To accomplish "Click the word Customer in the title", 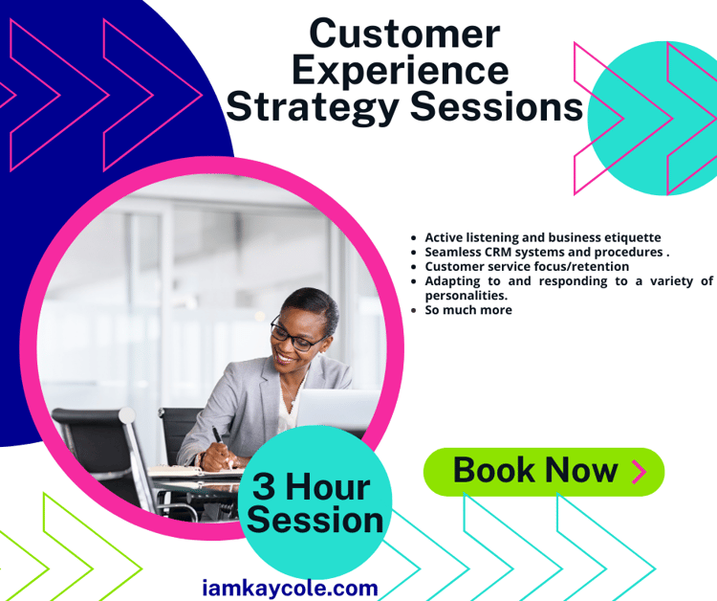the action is pyautogui.click(x=404, y=33).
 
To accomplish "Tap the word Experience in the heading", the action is pyautogui.click(x=401, y=72).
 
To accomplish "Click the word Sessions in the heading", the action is pyautogui.click(x=496, y=106).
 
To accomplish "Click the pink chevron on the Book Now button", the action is pyautogui.click(x=639, y=472).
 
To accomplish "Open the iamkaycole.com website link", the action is pyautogui.click(x=290, y=589).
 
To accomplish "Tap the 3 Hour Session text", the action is pyautogui.click(x=315, y=503).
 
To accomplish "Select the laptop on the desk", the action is pyautogui.click(x=337, y=409).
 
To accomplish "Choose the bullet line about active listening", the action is pyautogui.click(x=543, y=237).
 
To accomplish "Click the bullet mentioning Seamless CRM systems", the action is pyautogui.click(x=547, y=253).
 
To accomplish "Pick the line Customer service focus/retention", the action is pyautogui.click(x=527, y=266).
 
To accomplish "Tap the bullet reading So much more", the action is pyautogui.click(x=468, y=310).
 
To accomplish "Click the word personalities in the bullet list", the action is pyautogui.click(x=466, y=296).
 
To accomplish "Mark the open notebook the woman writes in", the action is pyautogui.click(x=194, y=472).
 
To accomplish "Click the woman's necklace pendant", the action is pyautogui.click(x=293, y=402).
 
